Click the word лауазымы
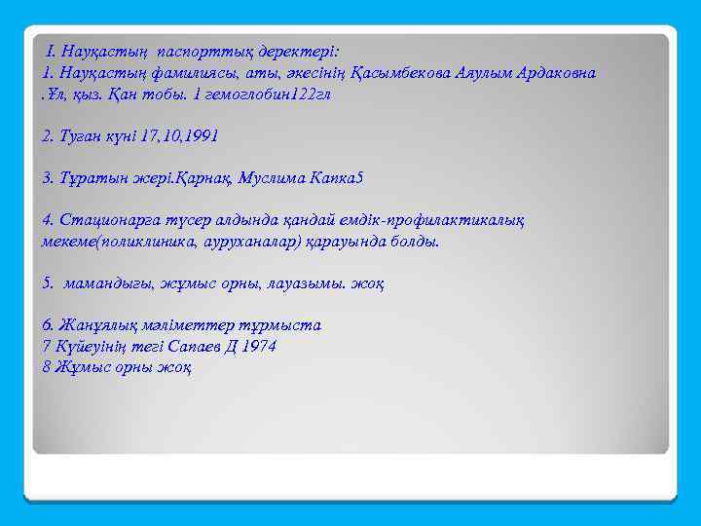click(x=310, y=283)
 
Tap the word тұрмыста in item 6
click(x=283, y=325)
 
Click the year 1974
click(x=258, y=346)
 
